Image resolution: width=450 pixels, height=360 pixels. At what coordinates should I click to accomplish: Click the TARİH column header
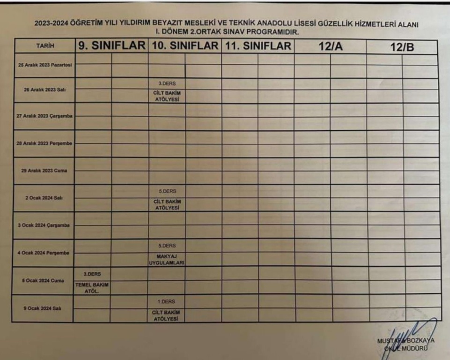45,46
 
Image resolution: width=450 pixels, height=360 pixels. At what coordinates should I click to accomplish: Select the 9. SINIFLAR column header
111,46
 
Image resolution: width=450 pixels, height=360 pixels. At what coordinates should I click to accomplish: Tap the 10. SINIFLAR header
184,46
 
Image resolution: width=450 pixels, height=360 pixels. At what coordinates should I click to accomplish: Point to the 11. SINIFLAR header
258,46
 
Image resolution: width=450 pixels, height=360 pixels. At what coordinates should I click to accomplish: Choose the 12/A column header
330,47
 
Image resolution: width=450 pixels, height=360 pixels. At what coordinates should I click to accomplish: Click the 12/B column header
402,47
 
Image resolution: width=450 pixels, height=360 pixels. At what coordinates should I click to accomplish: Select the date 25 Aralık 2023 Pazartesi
44,65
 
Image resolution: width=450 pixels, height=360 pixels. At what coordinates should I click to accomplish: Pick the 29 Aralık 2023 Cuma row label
44,171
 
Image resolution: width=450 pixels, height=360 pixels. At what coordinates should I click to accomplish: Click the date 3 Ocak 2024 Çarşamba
44,225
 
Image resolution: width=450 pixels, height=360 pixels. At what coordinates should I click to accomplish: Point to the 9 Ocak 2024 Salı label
44,308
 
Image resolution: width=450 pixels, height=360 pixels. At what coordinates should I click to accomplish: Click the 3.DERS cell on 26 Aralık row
167,83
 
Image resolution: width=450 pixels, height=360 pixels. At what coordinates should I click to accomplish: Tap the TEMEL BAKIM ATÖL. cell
92,287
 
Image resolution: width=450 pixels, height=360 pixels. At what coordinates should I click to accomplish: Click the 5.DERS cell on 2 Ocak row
167,191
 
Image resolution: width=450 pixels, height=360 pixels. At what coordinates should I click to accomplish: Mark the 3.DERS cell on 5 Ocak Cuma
92,273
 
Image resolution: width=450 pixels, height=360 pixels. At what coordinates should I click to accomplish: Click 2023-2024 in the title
52,24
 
